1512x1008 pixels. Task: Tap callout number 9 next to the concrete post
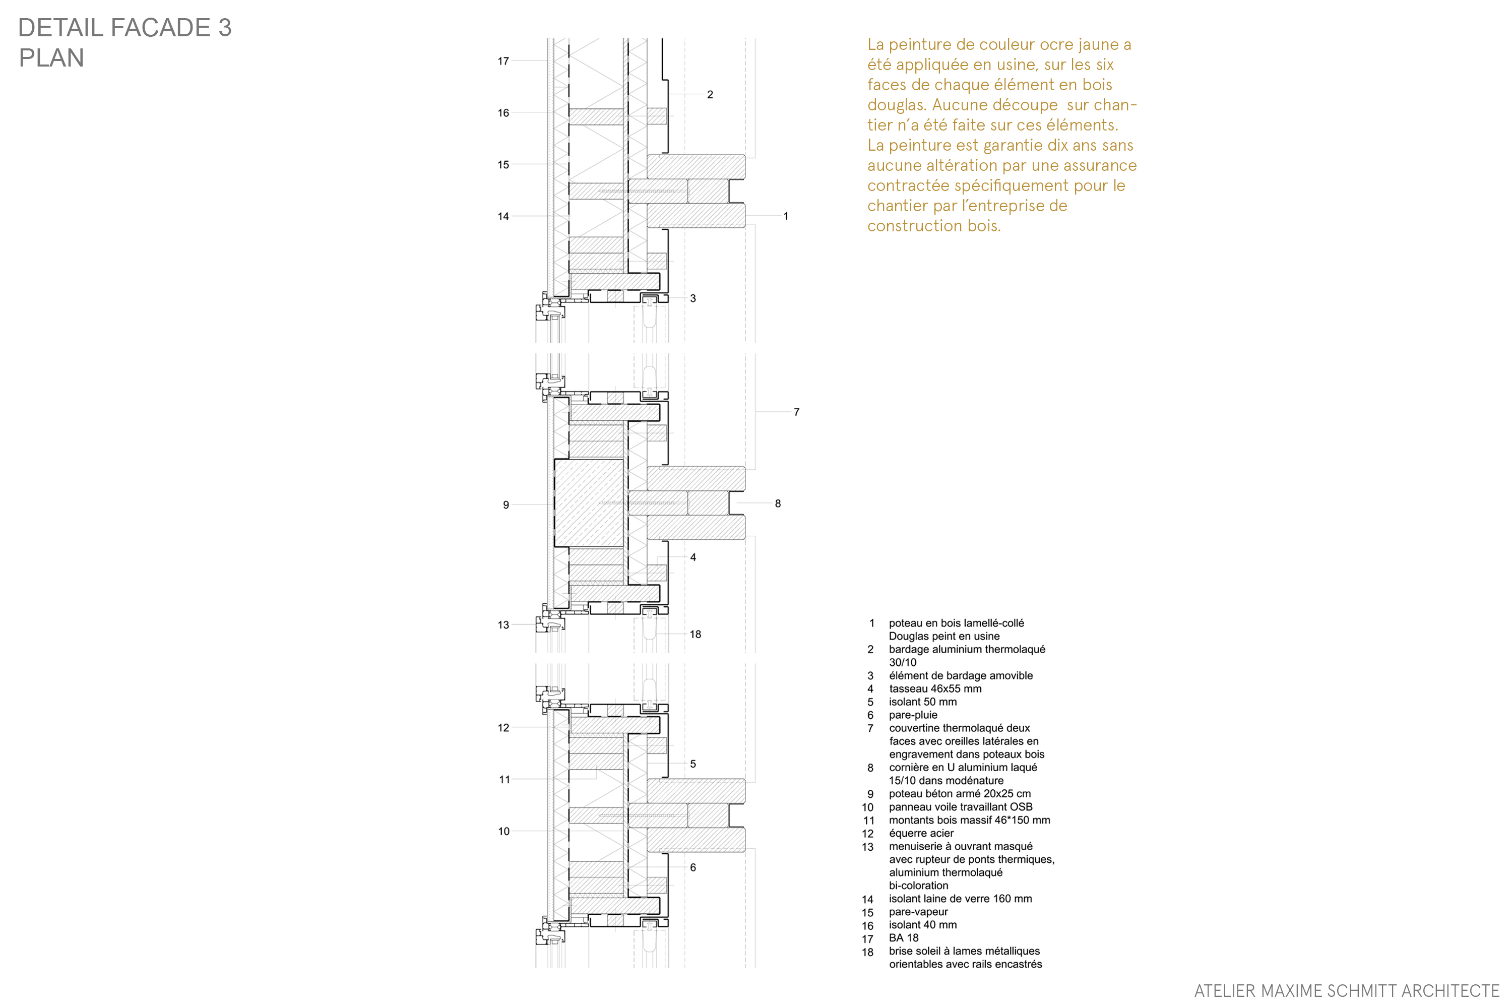[506, 505]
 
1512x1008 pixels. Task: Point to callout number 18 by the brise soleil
[695, 634]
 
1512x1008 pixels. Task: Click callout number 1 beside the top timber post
[786, 216]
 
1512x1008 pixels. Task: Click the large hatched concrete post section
[589, 502]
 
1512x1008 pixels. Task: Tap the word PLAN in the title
[51, 58]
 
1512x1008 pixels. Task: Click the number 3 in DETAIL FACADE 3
[224, 28]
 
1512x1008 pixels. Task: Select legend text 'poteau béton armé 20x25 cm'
[959, 793]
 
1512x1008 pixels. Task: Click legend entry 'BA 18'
[903, 937]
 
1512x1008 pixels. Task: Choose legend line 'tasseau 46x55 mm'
[935, 688]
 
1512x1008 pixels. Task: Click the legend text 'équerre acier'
[921, 833]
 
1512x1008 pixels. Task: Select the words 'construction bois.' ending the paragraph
[933, 226]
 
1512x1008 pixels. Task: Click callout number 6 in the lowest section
[693, 867]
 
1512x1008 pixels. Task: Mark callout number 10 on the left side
[503, 831]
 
